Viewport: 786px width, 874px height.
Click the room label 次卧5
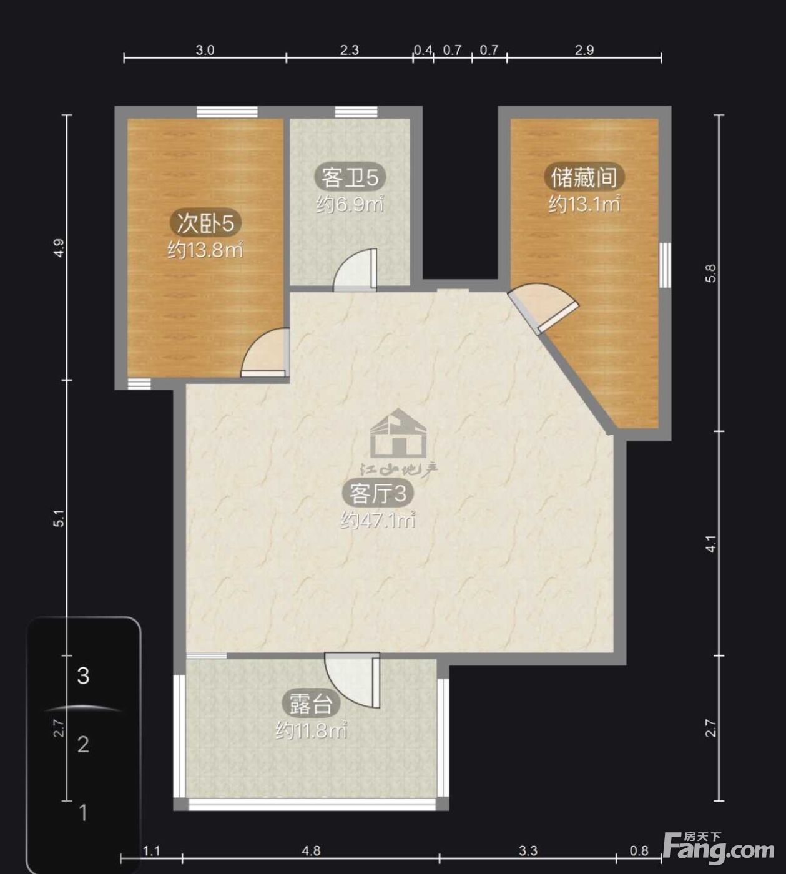click(x=205, y=223)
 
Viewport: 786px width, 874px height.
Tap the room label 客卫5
click(x=350, y=177)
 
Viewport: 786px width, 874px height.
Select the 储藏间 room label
click(x=584, y=177)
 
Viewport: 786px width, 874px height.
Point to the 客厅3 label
click(x=378, y=493)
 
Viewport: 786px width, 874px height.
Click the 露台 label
click(x=311, y=704)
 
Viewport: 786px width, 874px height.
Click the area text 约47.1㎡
click(x=378, y=520)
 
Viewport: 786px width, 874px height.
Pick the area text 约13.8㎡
click(x=205, y=250)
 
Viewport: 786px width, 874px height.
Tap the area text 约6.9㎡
click(x=350, y=204)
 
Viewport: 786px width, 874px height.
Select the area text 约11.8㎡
click(x=311, y=730)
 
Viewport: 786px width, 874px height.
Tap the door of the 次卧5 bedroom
click(x=265, y=353)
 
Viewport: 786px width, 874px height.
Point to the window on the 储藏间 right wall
click(x=665, y=265)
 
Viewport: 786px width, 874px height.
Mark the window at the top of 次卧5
click(x=227, y=112)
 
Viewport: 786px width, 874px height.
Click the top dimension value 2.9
click(x=584, y=50)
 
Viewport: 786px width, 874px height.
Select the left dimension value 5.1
click(x=59, y=519)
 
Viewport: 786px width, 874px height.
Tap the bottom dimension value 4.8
click(x=311, y=850)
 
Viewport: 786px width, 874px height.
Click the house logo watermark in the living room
click(x=398, y=433)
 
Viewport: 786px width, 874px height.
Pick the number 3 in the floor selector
click(x=83, y=675)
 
